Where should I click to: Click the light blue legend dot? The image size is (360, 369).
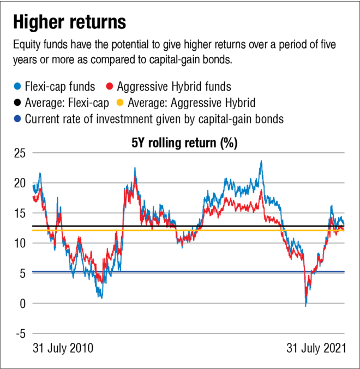pyautogui.click(x=17, y=86)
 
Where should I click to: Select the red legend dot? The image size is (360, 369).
pyautogui.click(x=109, y=86)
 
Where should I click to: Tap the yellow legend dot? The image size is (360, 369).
pyautogui.click(x=120, y=102)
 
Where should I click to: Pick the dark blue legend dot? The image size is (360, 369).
pyautogui.click(x=17, y=118)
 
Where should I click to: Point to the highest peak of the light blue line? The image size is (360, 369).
pyautogui.click(x=261, y=161)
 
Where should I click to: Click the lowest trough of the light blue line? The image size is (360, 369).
pyautogui.click(x=305, y=306)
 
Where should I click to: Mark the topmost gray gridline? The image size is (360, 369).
pyautogui.click(x=188, y=152)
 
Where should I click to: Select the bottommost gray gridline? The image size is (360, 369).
pyautogui.click(x=188, y=333)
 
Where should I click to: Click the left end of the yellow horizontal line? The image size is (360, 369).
pyautogui.click(x=32, y=230)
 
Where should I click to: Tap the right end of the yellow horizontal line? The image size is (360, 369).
pyautogui.click(x=345, y=230)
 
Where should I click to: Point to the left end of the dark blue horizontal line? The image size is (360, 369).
pyautogui.click(x=32, y=271)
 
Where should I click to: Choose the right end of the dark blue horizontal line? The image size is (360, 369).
pyautogui.click(x=345, y=271)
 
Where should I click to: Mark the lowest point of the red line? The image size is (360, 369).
pyautogui.click(x=306, y=297)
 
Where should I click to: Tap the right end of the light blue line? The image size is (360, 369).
pyautogui.click(x=344, y=223)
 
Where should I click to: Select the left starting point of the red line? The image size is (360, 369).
pyautogui.click(x=33, y=197)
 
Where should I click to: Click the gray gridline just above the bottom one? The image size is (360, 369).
pyautogui.click(x=188, y=303)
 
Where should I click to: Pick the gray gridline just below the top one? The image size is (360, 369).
pyautogui.click(x=188, y=182)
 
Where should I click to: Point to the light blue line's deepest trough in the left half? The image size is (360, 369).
pyautogui.click(x=101, y=298)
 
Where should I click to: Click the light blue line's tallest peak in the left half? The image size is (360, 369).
pyautogui.click(x=135, y=168)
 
